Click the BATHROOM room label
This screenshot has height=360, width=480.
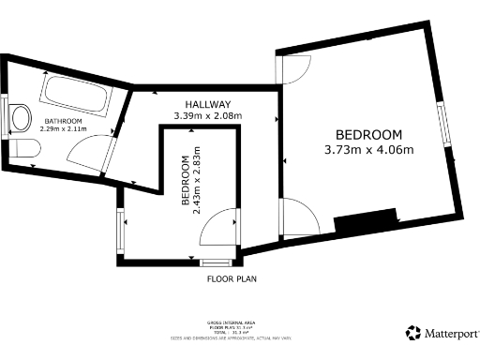coord(62,122)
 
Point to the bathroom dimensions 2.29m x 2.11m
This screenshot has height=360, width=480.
coord(62,132)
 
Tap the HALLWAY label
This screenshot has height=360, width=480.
coord(207,104)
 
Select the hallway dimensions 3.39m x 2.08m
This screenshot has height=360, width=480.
coord(207,116)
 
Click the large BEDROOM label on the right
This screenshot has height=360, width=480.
coord(369,134)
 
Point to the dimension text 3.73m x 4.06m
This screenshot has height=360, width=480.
coord(369,150)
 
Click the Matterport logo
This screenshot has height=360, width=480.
coord(441,333)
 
